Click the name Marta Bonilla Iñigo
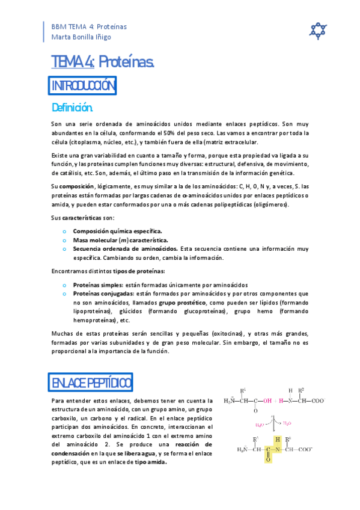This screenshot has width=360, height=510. pyautogui.click(x=81, y=37)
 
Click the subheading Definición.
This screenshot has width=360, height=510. pyautogui.click(x=73, y=108)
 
